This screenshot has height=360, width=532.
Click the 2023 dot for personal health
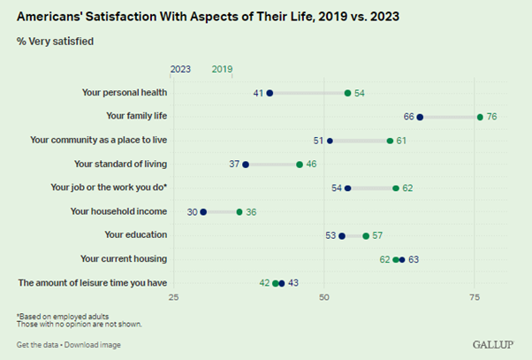[270, 93]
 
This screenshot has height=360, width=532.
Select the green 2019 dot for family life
[480, 117]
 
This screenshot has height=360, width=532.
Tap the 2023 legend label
[180, 68]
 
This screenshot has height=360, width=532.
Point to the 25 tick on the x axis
[174, 296]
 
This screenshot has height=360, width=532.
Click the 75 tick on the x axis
[475, 296]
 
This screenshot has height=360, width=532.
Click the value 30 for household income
[192, 212]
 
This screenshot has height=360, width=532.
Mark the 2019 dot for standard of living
[300, 165]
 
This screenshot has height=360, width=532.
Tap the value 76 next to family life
[492, 117]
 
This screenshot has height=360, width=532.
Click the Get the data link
[38, 345]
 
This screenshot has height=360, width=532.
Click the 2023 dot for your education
[342, 236]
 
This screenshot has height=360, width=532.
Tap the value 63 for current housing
[414, 260]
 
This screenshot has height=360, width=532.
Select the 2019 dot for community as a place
[390, 141]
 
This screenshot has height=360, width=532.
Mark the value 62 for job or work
[407, 188]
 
